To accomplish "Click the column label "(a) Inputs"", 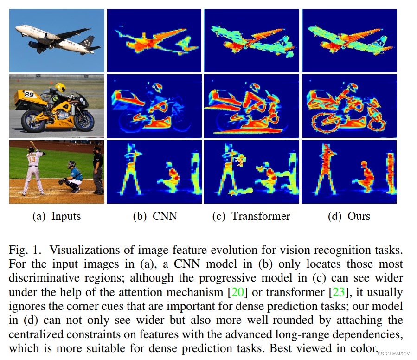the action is tap(57, 216).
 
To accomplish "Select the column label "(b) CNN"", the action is tap(155, 216).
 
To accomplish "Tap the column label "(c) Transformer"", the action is tap(251, 216).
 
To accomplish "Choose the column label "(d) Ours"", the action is tap(349, 216).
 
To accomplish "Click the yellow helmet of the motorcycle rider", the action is tap(60, 87).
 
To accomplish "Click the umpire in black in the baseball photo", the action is tap(97, 169).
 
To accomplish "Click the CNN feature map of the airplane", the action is tap(154, 40).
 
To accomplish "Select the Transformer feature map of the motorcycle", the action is tap(251, 106).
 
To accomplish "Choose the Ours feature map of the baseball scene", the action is tap(349, 172).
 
